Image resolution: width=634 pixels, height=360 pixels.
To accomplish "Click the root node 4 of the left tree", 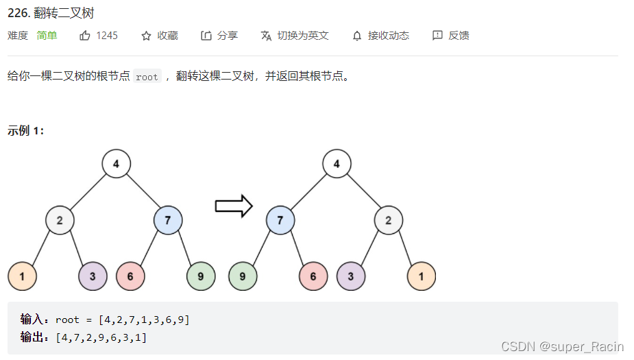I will click(x=116, y=164).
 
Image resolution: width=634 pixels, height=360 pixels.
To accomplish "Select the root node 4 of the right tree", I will click(x=336, y=164).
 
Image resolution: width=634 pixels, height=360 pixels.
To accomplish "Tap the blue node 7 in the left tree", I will click(x=168, y=220).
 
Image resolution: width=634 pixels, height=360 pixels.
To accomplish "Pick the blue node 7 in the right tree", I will click(x=280, y=220).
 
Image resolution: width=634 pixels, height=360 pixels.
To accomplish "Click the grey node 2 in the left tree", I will click(x=60, y=220).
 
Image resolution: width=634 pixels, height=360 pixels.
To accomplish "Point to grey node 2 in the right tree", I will click(x=388, y=220).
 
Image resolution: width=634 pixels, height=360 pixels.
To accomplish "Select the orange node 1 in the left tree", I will click(x=22, y=276).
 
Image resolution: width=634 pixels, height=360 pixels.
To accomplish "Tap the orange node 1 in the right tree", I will click(x=421, y=276).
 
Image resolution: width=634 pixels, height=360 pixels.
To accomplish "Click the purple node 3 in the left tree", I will click(x=93, y=276).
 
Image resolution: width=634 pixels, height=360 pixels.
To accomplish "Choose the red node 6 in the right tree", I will click(x=313, y=276).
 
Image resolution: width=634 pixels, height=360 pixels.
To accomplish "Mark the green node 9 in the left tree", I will click(x=201, y=276).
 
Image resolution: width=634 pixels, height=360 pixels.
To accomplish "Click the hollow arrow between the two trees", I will click(x=234, y=206).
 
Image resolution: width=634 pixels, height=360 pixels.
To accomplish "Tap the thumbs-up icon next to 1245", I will click(x=85, y=36).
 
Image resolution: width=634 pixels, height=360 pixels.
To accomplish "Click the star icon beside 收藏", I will click(x=146, y=36).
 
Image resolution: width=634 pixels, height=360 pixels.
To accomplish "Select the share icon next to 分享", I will click(x=206, y=36).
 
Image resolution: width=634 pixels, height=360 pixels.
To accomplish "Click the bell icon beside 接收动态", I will click(x=356, y=36).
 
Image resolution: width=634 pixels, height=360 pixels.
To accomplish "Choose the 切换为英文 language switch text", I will click(x=303, y=36).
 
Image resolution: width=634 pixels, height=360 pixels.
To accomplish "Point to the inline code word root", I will click(x=147, y=77).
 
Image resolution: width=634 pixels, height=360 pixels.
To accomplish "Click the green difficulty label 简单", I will click(x=47, y=36).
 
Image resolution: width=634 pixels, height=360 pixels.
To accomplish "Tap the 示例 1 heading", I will click(x=26, y=130).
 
